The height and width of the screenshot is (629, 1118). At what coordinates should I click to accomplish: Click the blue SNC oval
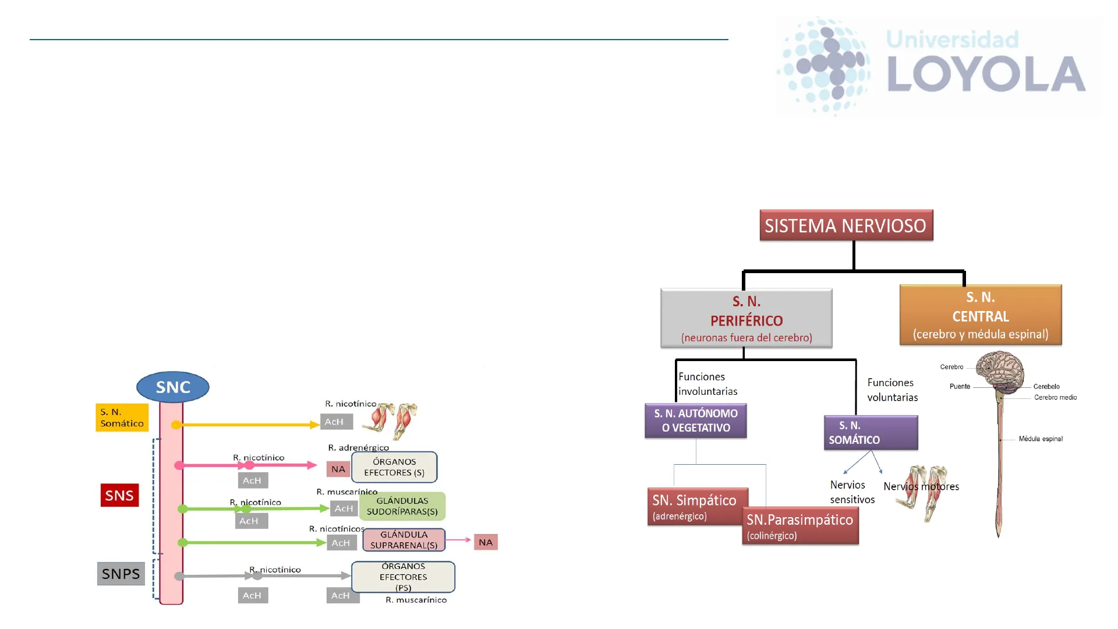(172, 387)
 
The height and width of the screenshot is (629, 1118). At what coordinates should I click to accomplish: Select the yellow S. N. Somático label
(122, 418)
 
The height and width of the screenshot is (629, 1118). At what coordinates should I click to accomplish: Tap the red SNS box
(119, 495)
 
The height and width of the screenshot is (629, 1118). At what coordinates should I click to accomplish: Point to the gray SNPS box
(121, 574)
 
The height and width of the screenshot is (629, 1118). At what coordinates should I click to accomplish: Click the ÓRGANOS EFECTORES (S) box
(394, 467)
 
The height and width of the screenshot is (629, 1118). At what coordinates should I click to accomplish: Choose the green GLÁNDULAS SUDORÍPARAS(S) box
(402, 506)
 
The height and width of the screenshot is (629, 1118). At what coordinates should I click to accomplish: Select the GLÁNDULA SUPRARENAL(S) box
(404, 540)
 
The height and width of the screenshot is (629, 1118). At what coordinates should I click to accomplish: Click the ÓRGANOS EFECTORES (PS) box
(403, 577)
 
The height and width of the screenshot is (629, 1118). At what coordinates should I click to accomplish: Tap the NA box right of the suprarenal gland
(486, 542)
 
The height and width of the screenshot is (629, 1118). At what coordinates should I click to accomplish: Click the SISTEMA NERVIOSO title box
(845, 225)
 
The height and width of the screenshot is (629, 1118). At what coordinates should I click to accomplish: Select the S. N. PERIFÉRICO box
(746, 319)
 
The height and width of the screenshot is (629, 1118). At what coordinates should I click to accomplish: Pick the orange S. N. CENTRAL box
(981, 315)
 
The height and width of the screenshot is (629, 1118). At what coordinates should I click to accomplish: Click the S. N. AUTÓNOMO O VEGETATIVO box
(695, 420)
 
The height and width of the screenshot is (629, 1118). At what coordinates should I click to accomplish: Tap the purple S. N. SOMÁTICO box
(871, 433)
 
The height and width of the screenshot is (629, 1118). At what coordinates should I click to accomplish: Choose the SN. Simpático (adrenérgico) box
(696, 506)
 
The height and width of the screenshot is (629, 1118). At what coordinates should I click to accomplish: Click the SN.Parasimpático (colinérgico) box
(800, 526)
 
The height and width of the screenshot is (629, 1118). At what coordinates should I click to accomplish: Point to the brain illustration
(999, 372)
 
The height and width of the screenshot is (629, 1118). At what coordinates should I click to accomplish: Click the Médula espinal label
(1040, 439)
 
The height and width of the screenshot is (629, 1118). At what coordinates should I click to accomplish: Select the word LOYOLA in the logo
(986, 74)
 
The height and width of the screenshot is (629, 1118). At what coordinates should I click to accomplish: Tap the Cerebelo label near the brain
(1046, 387)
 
